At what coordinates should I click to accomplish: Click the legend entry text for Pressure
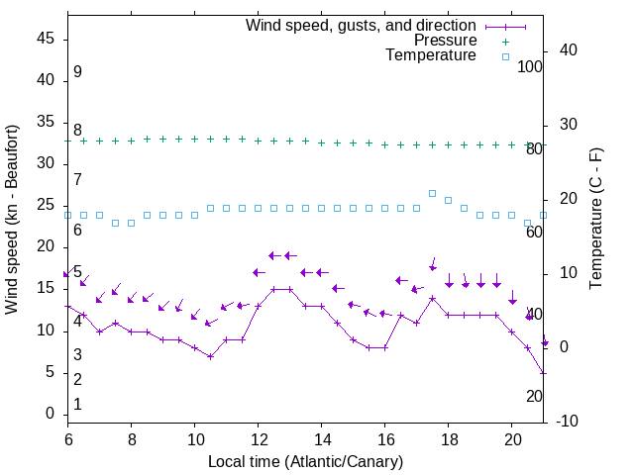tap(445, 41)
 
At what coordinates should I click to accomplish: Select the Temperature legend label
tap(431, 55)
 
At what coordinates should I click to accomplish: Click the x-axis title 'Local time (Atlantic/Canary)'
tap(305, 461)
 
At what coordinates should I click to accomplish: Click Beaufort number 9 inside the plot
tap(77, 72)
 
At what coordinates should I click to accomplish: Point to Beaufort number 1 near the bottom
tap(77, 405)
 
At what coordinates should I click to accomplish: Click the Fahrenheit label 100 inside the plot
tap(530, 66)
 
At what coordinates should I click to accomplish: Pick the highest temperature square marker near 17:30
tap(432, 193)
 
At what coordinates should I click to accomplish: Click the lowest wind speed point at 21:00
tap(543, 372)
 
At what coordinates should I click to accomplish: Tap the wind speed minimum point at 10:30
tap(210, 356)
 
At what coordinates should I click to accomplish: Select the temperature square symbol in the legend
tap(505, 56)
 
